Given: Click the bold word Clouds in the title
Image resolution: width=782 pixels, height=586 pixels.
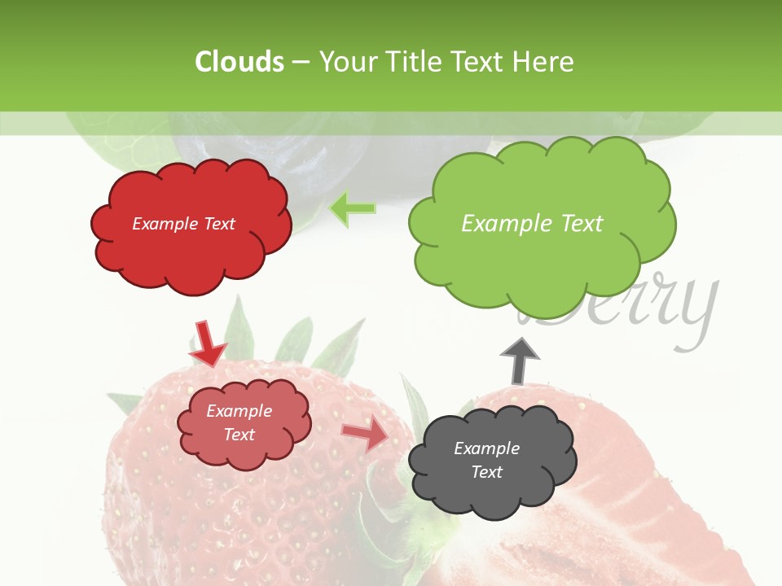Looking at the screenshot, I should pyautogui.click(x=239, y=62).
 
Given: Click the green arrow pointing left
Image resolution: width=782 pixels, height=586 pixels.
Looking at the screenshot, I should pyautogui.click(x=352, y=209).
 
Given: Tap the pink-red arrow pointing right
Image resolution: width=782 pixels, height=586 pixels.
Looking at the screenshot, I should pyautogui.click(x=365, y=435).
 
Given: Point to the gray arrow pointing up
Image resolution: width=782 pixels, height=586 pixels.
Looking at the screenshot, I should pyautogui.click(x=519, y=360).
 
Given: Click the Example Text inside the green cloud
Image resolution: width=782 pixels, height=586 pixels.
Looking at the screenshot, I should pyautogui.click(x=532, y=224).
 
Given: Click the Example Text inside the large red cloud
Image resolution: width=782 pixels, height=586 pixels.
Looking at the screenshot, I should pyautogui.click(x=183, y=224).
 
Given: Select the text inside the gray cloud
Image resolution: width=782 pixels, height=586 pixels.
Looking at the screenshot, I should pyautogui.click(x=486, y=460).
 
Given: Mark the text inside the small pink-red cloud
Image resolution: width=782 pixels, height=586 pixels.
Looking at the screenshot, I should pyautogui.click(x=239, y=422).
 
